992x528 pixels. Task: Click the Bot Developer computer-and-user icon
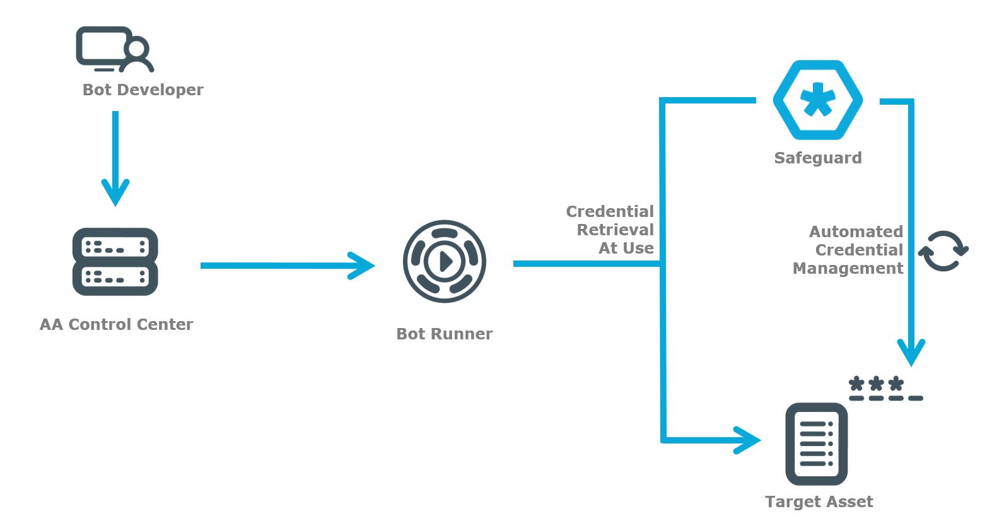click(x=114, y=49)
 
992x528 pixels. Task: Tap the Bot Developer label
click(x=143, y=90)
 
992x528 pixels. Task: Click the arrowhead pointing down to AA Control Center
click(x=115, y=192)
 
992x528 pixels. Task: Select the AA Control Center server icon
click(x=115, y=262)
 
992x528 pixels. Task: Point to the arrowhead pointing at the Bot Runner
click(x=363, y=266)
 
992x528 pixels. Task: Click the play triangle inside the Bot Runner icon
click(x=445, y=261)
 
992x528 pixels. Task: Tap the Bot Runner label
click(x=444, y=334)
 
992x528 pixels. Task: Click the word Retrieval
click(x=615, y=230)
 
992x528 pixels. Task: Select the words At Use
click(x=626, y=248)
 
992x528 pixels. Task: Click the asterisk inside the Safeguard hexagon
click(x=818, y=100)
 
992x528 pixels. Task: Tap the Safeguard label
click(x=817, y=158)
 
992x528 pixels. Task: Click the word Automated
click(x=856, y=232)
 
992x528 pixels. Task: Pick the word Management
click(x=848, y=268)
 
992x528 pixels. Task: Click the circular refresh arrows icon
click(x=943, y=250)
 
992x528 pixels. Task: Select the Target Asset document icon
click(x=816, y=444)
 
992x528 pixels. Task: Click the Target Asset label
click(x=819, y=502)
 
